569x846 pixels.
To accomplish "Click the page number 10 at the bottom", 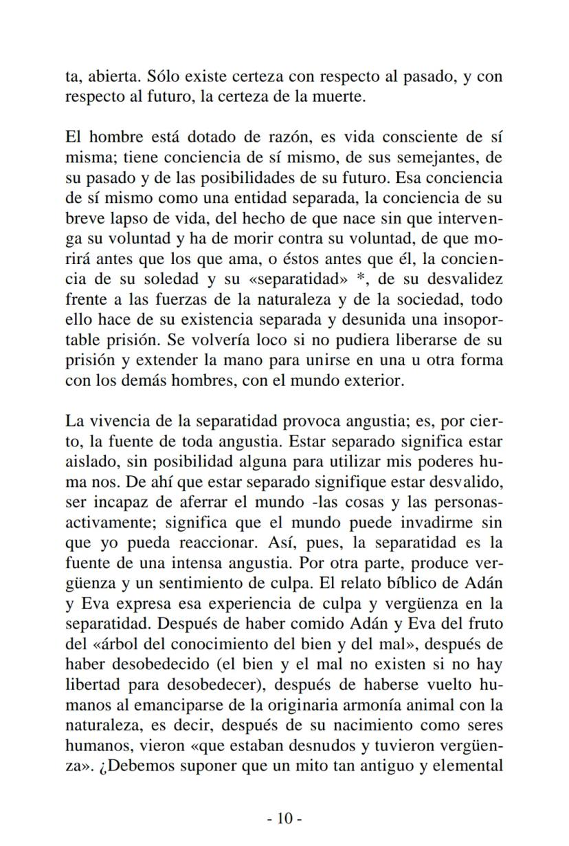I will [x=284, y=818].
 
